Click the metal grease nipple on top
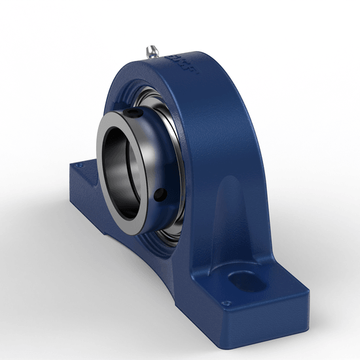point(152,50)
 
